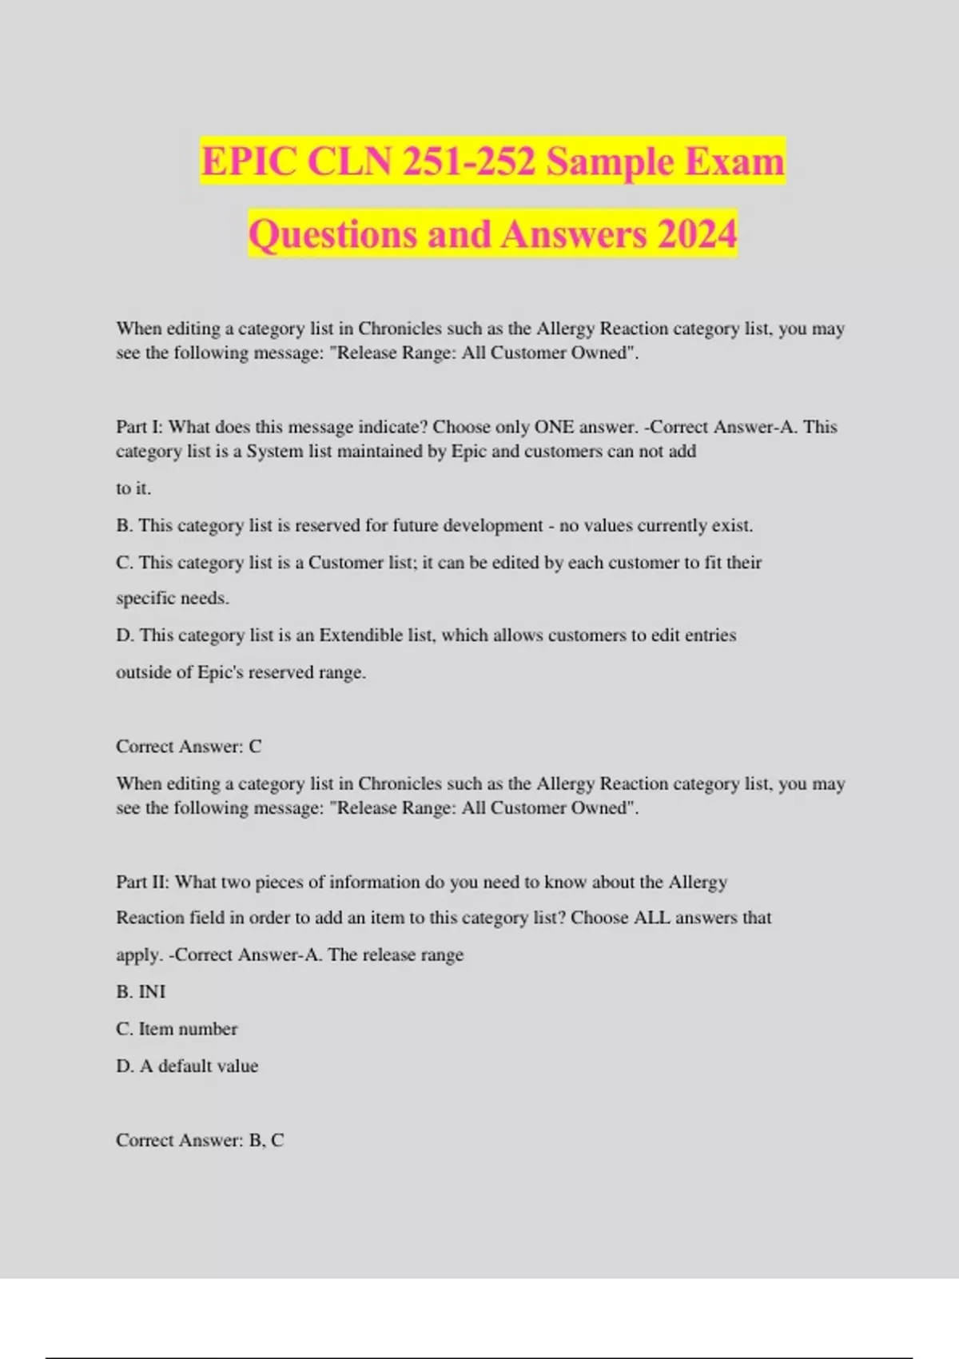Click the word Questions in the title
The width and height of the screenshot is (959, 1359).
click(332, 234)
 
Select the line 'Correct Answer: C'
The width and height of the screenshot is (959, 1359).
click(189, 746)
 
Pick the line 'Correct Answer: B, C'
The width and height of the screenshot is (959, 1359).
click(200, 1140)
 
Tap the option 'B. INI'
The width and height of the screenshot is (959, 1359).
click(141, 991)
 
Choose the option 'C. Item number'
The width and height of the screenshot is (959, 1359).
click(177, 1029)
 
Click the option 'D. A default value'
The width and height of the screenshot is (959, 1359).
click(187, 1066)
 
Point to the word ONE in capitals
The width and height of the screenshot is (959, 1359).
click(554, 427)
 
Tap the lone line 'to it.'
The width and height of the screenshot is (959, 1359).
click(133, 488)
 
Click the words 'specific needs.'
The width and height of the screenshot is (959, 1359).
click(173, 598)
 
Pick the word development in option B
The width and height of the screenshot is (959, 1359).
click(493, 525)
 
